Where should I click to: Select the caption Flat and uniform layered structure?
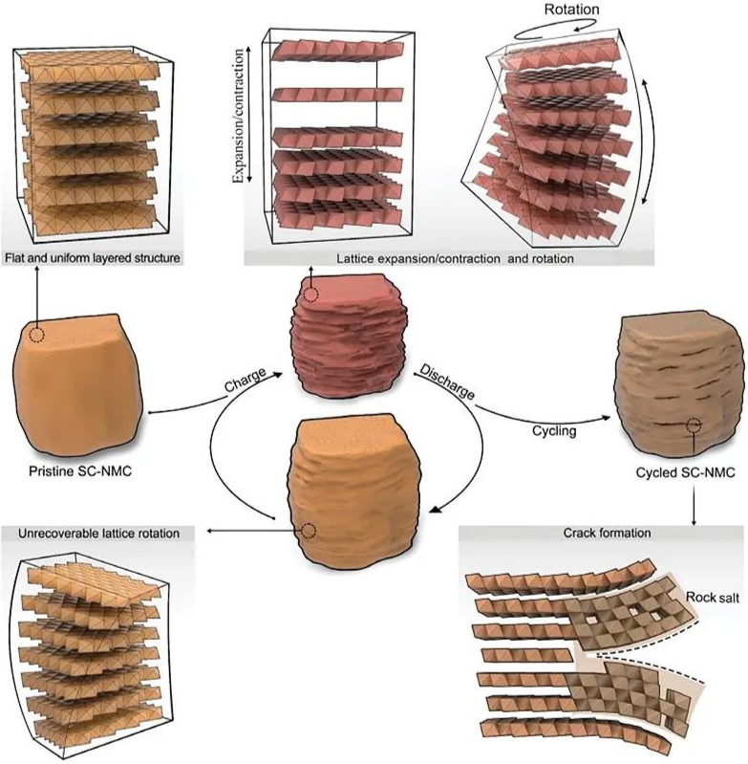click(x=93, y=258)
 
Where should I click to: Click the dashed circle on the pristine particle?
click(x=36, y=335)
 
